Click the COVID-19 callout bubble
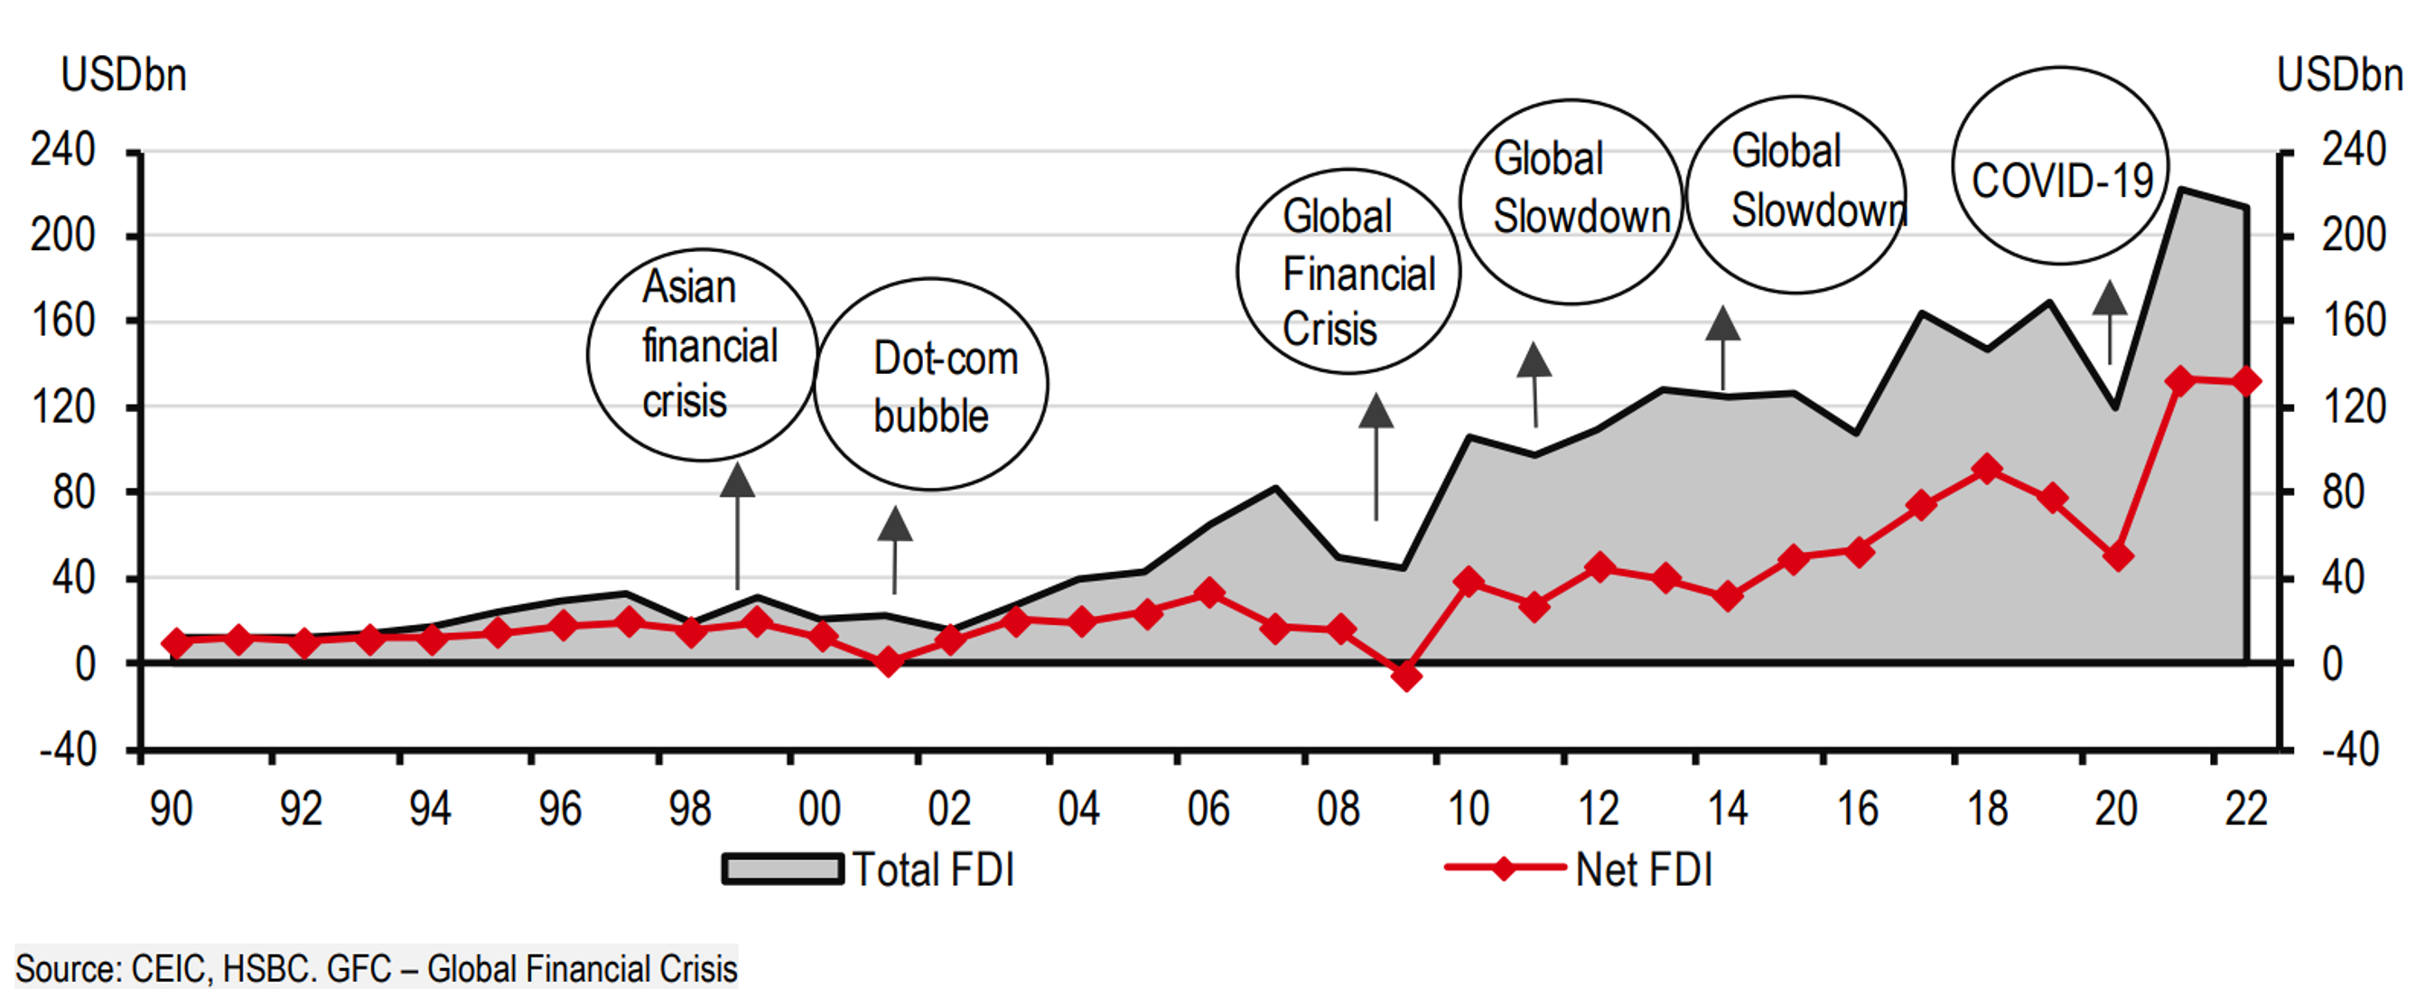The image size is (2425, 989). point(2061,165)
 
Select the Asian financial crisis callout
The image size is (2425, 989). point(703,354)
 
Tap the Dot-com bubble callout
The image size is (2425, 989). point(931,385)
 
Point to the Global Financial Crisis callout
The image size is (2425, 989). point(1348,271)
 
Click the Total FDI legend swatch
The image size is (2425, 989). point(781,869)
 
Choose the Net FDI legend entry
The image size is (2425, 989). point(1581,869)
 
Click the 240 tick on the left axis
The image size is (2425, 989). point(63,150)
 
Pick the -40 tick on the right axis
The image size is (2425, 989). point(2351,750)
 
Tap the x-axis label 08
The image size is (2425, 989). point(1338,809)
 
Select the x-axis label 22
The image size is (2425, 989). point(2246,809)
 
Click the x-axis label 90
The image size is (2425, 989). point(172,809)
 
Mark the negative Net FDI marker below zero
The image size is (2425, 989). point(1405,676)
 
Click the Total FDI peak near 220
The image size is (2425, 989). point(2181,190)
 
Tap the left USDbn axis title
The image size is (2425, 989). point(124,75)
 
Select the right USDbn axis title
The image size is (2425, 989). point(2339,75)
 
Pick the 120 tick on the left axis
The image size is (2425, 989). point(63,406)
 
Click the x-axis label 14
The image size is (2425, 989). point(1728,809)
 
